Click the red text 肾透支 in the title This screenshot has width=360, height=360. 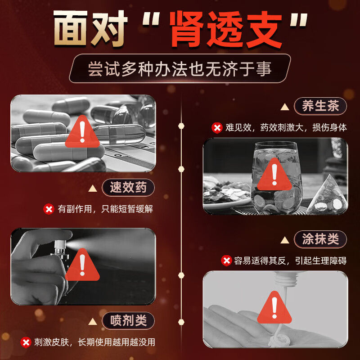click(x=226, y=30)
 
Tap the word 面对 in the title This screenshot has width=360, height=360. click(x=90, y=28)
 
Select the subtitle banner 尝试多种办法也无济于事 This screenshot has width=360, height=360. click(x=180, y=68)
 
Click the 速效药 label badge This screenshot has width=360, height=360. click(x=128, y=187)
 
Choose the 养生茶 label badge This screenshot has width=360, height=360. click(x=320, y=106)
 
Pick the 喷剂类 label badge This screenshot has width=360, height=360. click(x=128, y=320)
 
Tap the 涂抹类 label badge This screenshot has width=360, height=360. click(x=320, y=239)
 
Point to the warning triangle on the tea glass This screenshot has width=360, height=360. click(x=274, y=175)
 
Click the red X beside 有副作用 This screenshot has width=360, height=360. click(x=49, y=209)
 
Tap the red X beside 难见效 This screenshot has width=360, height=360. click(x=217, y=128)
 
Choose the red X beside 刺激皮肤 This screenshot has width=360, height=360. click(x=26, y=342)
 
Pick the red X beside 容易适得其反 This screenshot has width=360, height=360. click(x=226, y=261)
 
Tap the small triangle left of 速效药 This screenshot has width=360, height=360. click(x=93, y=189)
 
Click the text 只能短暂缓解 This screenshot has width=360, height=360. click(x=127, y=209)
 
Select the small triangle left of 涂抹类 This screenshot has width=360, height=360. click(x=285, y=240)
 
